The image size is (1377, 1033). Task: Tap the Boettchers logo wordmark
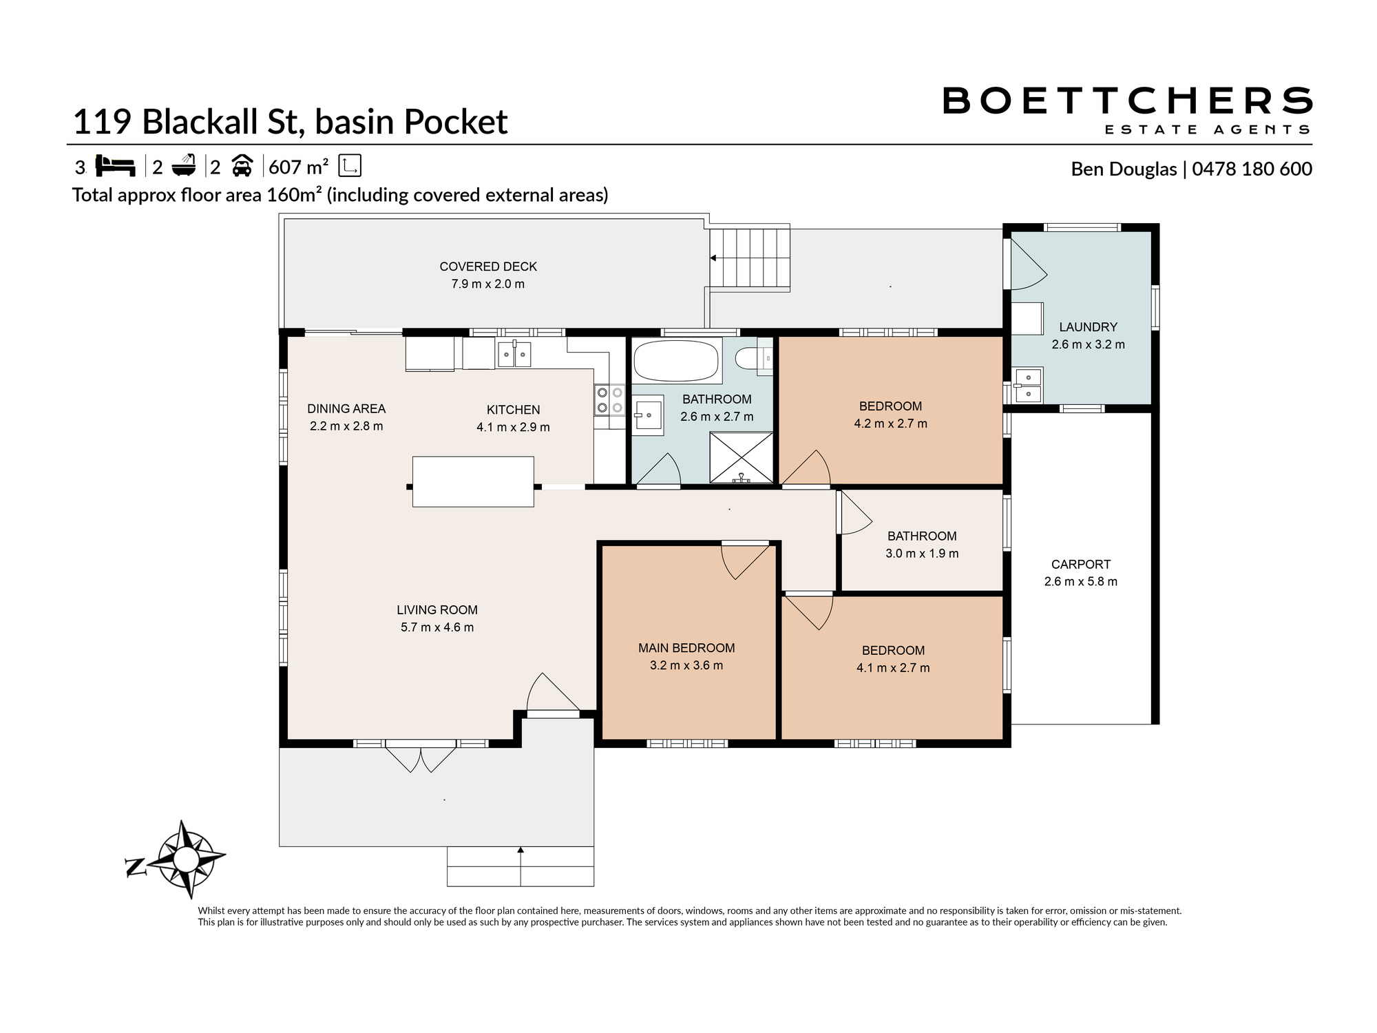coord(1127,101)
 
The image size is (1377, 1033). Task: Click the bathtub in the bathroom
coord(676,360)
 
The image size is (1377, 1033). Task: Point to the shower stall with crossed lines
coord(741,457)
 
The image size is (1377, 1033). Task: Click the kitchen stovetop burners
coord(609,400)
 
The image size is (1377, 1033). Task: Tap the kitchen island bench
coord(473,481)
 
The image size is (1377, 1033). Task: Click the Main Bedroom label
coord(686,648)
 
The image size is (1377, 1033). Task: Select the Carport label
coord(1081,564)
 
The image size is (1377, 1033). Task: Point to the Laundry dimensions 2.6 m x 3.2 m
coord(1089,344)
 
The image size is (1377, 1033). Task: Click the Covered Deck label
coord(488,267)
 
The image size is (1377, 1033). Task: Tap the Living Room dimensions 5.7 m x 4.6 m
coord(437,627)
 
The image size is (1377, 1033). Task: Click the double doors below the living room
coord(421,756)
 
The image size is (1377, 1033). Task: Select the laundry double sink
coord(1028,385)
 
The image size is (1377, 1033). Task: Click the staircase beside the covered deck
coord(750,258)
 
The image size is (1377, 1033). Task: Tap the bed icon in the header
coord(114,166)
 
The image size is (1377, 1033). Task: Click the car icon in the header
coord(242,166)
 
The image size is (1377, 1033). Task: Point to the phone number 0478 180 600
coord(1252,169)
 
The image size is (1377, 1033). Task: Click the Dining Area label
coord(346,409)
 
